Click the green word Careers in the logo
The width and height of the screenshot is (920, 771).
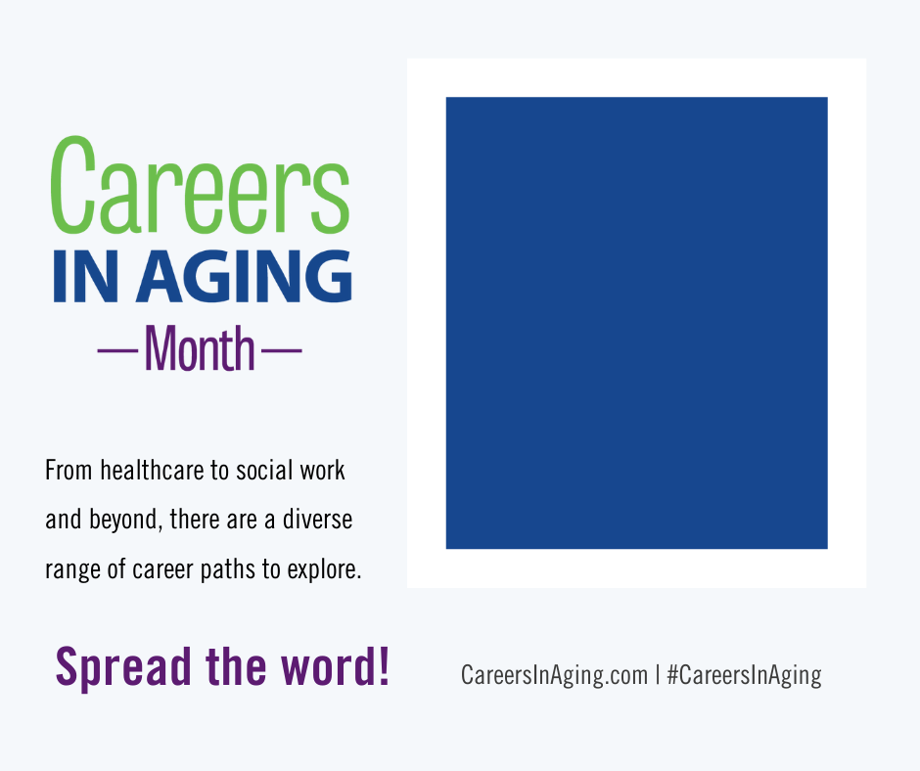[200, 185]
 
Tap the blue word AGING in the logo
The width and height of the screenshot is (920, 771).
[244, 276]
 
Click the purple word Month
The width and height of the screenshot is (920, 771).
[200, 348]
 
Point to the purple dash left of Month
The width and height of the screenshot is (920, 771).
[117, 351]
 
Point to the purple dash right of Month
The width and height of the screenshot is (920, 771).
[281, 351]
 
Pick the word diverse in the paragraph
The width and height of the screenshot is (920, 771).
[317, 520]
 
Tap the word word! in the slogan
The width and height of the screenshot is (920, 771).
[335, 665]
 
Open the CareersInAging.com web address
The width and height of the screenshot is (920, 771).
[554, 675]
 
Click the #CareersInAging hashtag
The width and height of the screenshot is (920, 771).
[745, 675]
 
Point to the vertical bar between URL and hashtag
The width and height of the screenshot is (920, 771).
[658, 675]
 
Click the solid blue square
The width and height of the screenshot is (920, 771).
[636, 323]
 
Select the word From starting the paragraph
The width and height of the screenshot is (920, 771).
[69, 471]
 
